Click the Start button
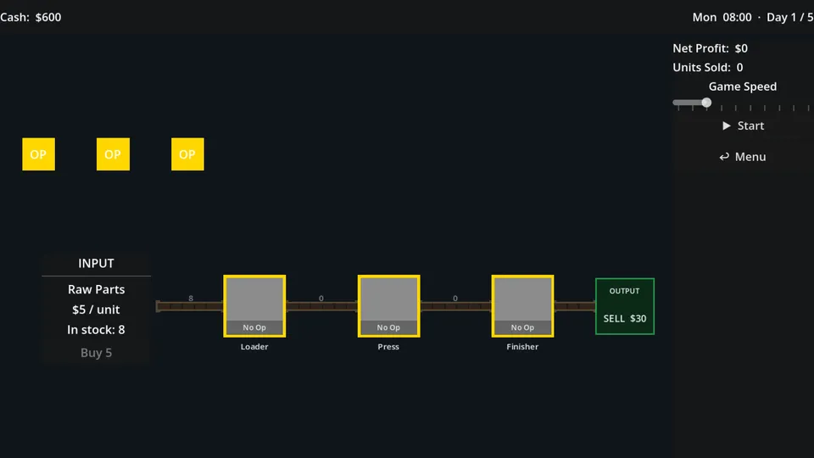(743, 126)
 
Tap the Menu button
(743, 157)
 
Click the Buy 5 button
(96, 353)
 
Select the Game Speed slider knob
(706, 103)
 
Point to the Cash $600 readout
(31, 17)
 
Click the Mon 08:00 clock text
(722, 17)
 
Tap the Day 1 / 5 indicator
(790, 17)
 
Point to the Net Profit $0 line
(711, 48)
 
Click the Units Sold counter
(707, 68)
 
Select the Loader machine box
(254, 306)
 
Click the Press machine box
(389, 306)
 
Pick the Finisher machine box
(523, 306)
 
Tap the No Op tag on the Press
(388, 327)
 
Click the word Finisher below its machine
(522, 347)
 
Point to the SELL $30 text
(625, 318)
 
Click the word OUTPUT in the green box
(625, 291)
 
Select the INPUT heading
(96, 263)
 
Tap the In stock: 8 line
(96, 330)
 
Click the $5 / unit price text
(96, 310)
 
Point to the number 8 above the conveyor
(191, 298)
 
